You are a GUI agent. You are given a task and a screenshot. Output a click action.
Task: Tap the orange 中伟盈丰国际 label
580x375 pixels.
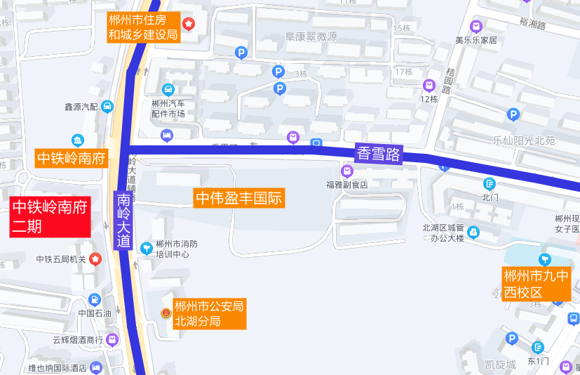pyautogui.click(x=239, y=198)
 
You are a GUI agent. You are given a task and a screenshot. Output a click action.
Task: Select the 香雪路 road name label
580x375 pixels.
pyautogui.click(x=378, y=153)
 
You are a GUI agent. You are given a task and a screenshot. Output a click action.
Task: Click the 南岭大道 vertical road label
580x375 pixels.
pyautogui.click(x=124, y=221)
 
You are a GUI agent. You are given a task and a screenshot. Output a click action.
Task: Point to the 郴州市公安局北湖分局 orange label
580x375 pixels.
pyautogui.click(x=209, y=314)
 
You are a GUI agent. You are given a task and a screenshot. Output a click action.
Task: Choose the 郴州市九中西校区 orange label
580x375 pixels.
pyautogui.click(x=535, y=283)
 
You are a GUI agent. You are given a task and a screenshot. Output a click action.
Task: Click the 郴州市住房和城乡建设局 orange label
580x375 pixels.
pyautogui.click(x=143, y=27)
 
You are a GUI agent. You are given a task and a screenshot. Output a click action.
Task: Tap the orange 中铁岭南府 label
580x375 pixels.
pyautogui.click(x=71, y=158)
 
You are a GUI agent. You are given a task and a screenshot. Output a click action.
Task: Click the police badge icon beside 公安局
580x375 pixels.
pyautogui.click(x=166, y=312)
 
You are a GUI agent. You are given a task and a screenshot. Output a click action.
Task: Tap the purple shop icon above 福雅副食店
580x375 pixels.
pyautogui.click(x=347, y=171)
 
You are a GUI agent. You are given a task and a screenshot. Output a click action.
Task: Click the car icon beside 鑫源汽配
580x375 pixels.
pyautogui.click(x=107, y=107)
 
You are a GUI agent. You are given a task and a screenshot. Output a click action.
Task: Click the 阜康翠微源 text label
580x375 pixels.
pyautogui.click(x=311, y=37)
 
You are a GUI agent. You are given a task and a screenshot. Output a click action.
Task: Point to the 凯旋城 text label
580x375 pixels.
pyautogui.click(x=500, y=364)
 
